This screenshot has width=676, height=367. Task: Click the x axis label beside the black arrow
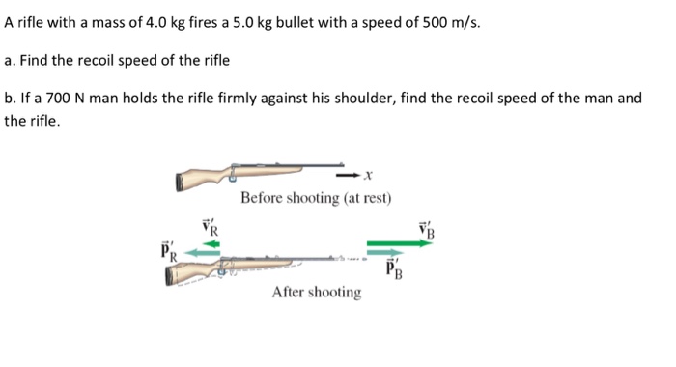pos(369,176)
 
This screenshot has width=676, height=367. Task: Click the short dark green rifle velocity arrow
pos(209,244)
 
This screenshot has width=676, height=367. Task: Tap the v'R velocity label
pos(211,228)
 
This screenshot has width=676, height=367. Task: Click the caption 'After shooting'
pos(317,292)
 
